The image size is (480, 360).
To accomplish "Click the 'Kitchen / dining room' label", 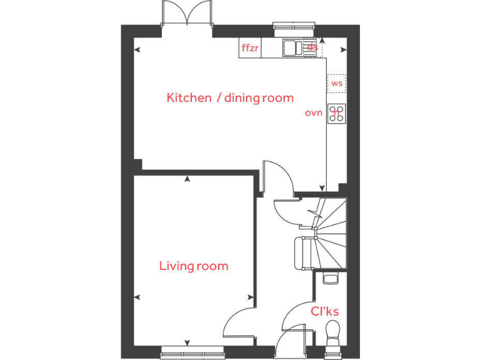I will [x=230, y=97].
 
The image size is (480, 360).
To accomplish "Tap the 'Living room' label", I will [x=194, y=266].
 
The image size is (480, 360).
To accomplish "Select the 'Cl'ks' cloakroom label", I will [x=325, y=311].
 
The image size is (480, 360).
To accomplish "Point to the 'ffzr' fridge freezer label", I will [x=250, y=47].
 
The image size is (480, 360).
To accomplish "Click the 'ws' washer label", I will [x=337, y=83].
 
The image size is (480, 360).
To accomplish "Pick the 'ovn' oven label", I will [x=313, y=113].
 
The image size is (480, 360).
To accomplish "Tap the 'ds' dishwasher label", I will [x=312, y=47].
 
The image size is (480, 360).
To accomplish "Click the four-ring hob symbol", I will [x=337, y=113].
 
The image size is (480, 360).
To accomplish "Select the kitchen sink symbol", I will [x=292, y=47].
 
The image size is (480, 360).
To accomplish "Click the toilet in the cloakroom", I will [x=333, y=332].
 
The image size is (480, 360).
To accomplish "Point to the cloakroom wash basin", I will [x=329, y=279].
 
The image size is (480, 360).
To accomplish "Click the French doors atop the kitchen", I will [x=187, y=14].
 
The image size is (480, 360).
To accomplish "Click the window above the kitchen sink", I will [x=292, y=26].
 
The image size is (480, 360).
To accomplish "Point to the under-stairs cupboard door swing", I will [x=287, y=209].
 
